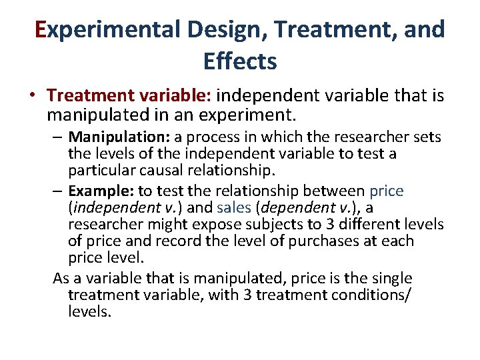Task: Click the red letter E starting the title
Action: pyautogui.click(x=42, y=30)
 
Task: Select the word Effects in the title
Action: pyautogui.click(x=240, y=61)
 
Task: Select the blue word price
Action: pyautogui.click(x=386, y=191)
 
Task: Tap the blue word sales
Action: pyautogui.click(x=234, y=209)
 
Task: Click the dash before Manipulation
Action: pyautogui.click(x=59, y=138)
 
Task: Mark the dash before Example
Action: pyautogui.click(x=59, y=192)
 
